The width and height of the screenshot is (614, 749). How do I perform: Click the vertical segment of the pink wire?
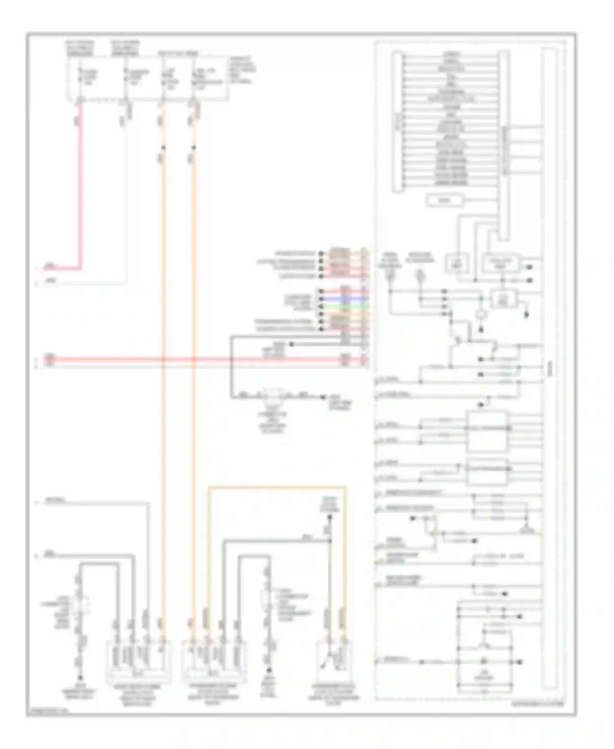(x=81, y=184)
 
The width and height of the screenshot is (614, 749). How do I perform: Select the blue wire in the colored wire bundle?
(x=346, y=299)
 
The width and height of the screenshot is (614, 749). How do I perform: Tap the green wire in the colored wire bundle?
(x=346, y=306)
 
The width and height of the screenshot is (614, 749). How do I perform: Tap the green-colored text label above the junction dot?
(x=330, y=504)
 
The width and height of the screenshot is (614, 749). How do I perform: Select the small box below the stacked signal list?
(x=445, y=200)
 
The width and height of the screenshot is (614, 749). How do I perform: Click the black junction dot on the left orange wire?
(x=163, y=148)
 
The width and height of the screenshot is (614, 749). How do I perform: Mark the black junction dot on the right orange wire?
(x=194, y=148)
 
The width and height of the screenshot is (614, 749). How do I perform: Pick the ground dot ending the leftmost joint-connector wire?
(x=80, y=678)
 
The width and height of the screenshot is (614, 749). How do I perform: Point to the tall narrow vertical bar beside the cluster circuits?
(x=549, y=369)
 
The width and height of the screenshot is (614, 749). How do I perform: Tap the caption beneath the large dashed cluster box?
(x=537, y=704)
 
